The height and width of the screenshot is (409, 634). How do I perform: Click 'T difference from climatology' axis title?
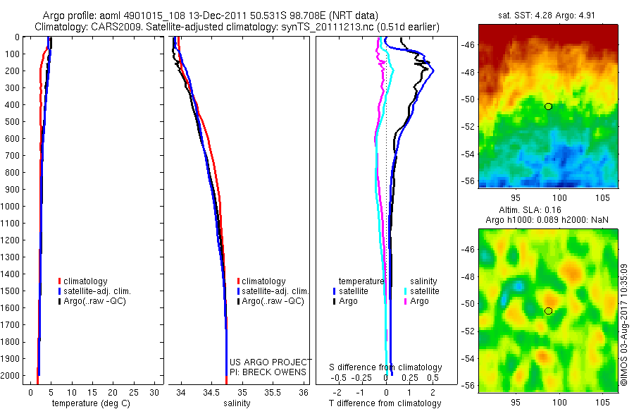coord(385,403)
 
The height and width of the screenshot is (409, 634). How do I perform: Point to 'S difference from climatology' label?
coord(386,367)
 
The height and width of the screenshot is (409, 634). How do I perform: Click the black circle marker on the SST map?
coord(548,106)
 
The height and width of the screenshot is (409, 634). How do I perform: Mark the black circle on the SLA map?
coord(548,311)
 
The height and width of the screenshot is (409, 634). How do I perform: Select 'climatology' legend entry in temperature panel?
coord(86,281)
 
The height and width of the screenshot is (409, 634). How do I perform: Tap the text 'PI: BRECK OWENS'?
coord(268,372)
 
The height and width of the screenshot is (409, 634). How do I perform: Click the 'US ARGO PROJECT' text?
coord(271,362)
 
